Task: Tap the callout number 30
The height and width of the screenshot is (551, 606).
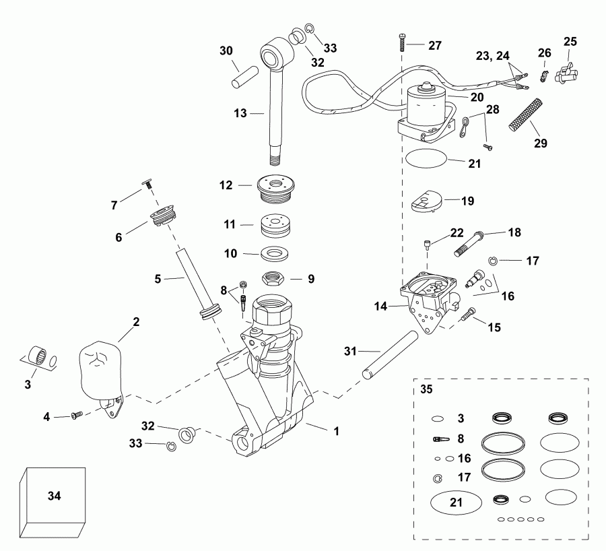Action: tap(226, 51)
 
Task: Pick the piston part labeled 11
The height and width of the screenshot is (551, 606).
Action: tap(279, 224)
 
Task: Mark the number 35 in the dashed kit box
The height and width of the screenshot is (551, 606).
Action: tap(427, 389)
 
